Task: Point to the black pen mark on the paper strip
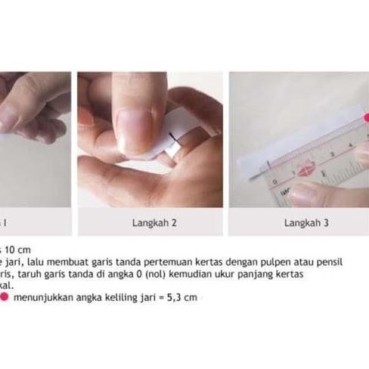click(174, 138)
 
